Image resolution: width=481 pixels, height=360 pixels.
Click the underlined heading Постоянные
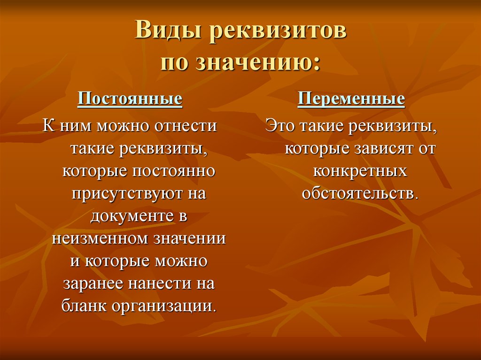(130, 99)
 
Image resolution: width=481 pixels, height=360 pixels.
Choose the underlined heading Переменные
(351, 99)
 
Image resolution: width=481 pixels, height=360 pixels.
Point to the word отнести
(186, 126)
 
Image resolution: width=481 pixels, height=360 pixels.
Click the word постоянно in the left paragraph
(174, 171)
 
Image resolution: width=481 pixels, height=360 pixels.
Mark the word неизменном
(101, 239)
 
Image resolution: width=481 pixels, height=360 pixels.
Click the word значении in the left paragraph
(190, 239)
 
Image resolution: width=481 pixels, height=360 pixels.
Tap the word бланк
(84, 306)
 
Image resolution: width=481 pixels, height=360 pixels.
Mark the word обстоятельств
(360, 193)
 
